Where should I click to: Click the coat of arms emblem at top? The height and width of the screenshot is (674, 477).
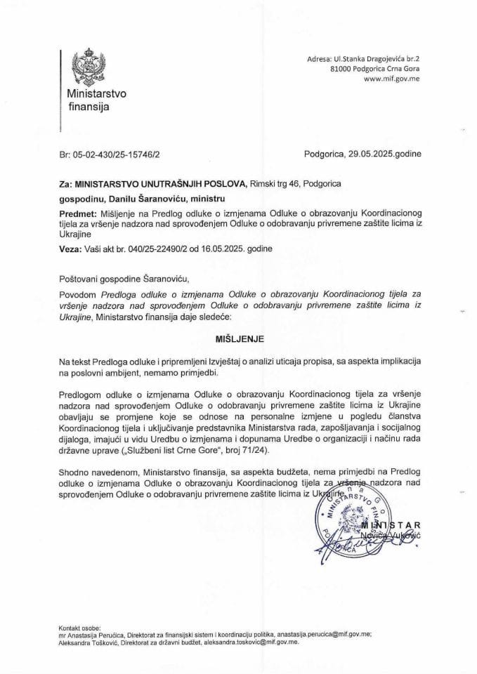click(x=89, y=66)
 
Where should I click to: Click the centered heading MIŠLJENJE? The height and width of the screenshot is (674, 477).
click(x=238, y=338)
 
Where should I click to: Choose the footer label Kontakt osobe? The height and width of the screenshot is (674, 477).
click(x=79, y=626)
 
